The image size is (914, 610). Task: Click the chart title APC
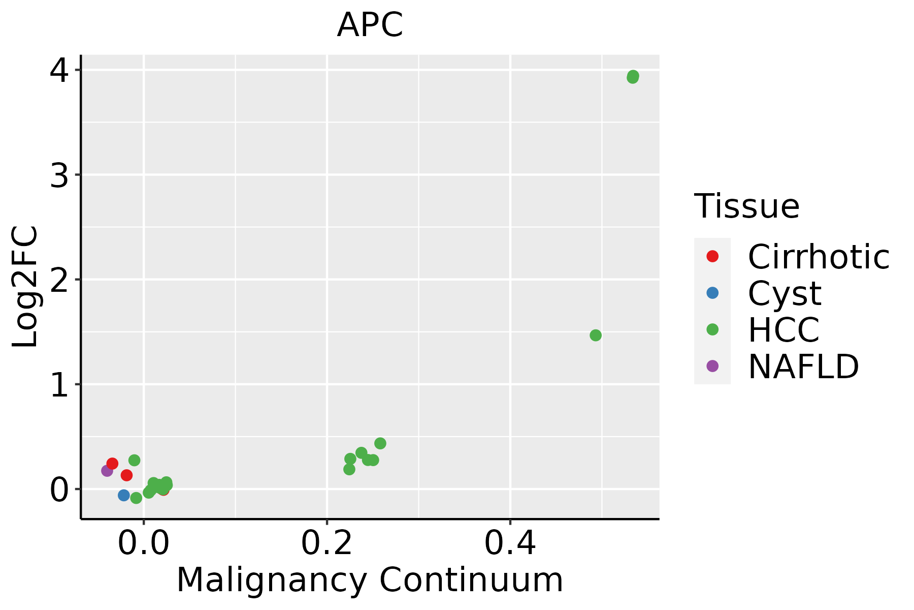370,25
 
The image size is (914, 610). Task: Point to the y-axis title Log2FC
25,286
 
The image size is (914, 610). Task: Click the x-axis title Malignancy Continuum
370,580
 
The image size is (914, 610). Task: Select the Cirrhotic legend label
819,257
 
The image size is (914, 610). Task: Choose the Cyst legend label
785,293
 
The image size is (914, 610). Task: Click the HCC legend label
784,330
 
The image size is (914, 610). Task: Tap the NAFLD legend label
803,367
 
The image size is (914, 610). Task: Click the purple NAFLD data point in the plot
107,471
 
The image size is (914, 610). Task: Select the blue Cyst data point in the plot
124,495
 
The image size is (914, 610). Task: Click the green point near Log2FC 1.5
596,335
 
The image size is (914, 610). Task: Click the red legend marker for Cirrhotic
712,256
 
